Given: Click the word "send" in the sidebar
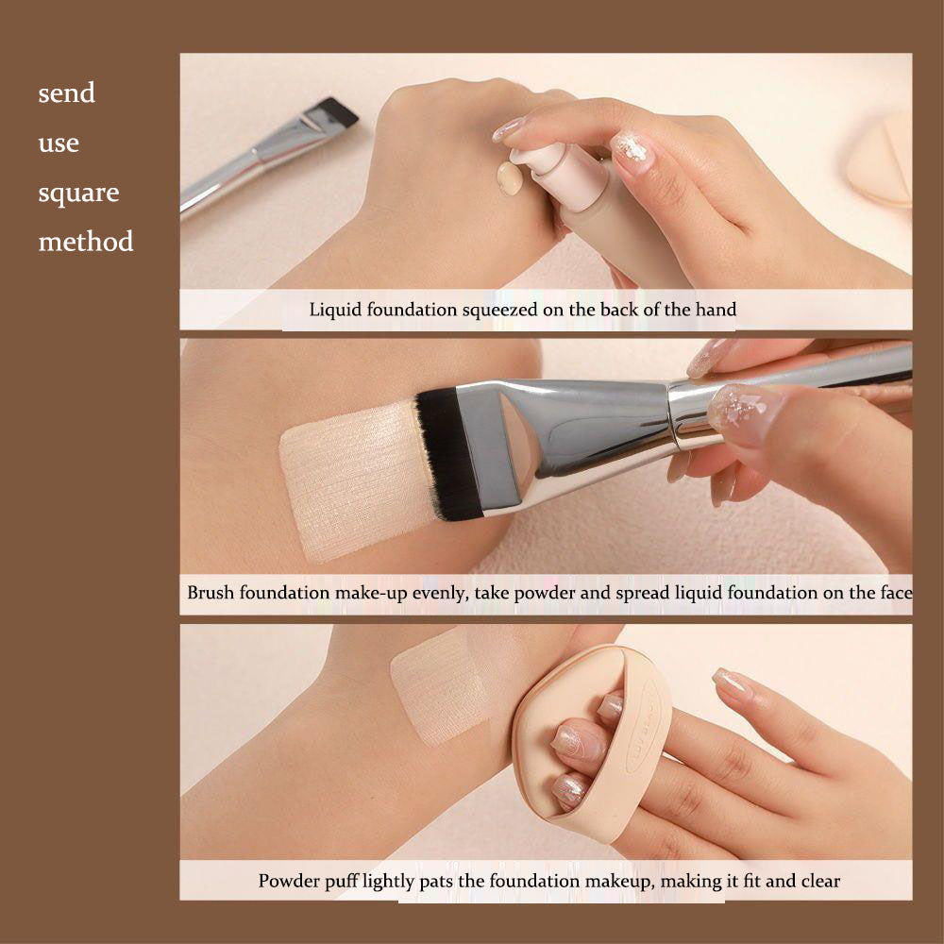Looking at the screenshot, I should [66, 93].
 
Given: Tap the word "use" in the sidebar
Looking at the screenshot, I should [59, 144].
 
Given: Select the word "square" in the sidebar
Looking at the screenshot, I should [78, 193].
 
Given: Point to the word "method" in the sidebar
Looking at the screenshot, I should [86, 242].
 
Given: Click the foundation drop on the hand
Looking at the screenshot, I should [510, 177].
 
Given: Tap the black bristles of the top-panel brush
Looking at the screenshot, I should [338, 111].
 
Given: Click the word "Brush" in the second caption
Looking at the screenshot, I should [210, 593].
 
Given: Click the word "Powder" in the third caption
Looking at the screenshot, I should [288, 881].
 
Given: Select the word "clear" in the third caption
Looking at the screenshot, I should [818, 881].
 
